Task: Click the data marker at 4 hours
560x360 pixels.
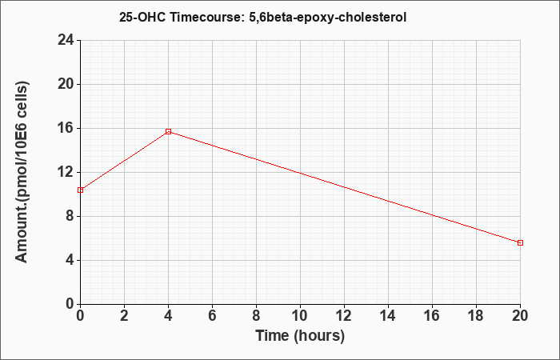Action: click(169, 131)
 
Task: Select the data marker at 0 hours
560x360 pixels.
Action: click(80, 190)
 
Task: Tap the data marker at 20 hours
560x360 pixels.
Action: click(520, 243)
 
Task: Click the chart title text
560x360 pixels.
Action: click(262, 17)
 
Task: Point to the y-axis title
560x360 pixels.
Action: click(22, 172)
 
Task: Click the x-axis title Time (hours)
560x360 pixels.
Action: click(300, 336)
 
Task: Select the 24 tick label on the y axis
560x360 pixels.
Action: click(66, 40)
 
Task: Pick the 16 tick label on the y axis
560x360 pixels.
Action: click(66, 128)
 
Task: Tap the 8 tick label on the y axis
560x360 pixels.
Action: click(70, 216)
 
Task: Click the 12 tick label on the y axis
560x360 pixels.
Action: click(66, 172)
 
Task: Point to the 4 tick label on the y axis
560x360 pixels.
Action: click(70, 260)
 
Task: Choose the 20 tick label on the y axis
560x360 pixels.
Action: click(66, 84)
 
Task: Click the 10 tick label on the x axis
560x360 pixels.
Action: click(300, 316)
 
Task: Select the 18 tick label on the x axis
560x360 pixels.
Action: click(476, 316)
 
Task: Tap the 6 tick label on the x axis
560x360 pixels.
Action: click(212, 316)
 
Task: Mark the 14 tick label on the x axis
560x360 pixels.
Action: click(388, 316)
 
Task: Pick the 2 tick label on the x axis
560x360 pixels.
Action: click(124, 316)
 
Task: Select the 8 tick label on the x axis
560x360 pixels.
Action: click(256, 316)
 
